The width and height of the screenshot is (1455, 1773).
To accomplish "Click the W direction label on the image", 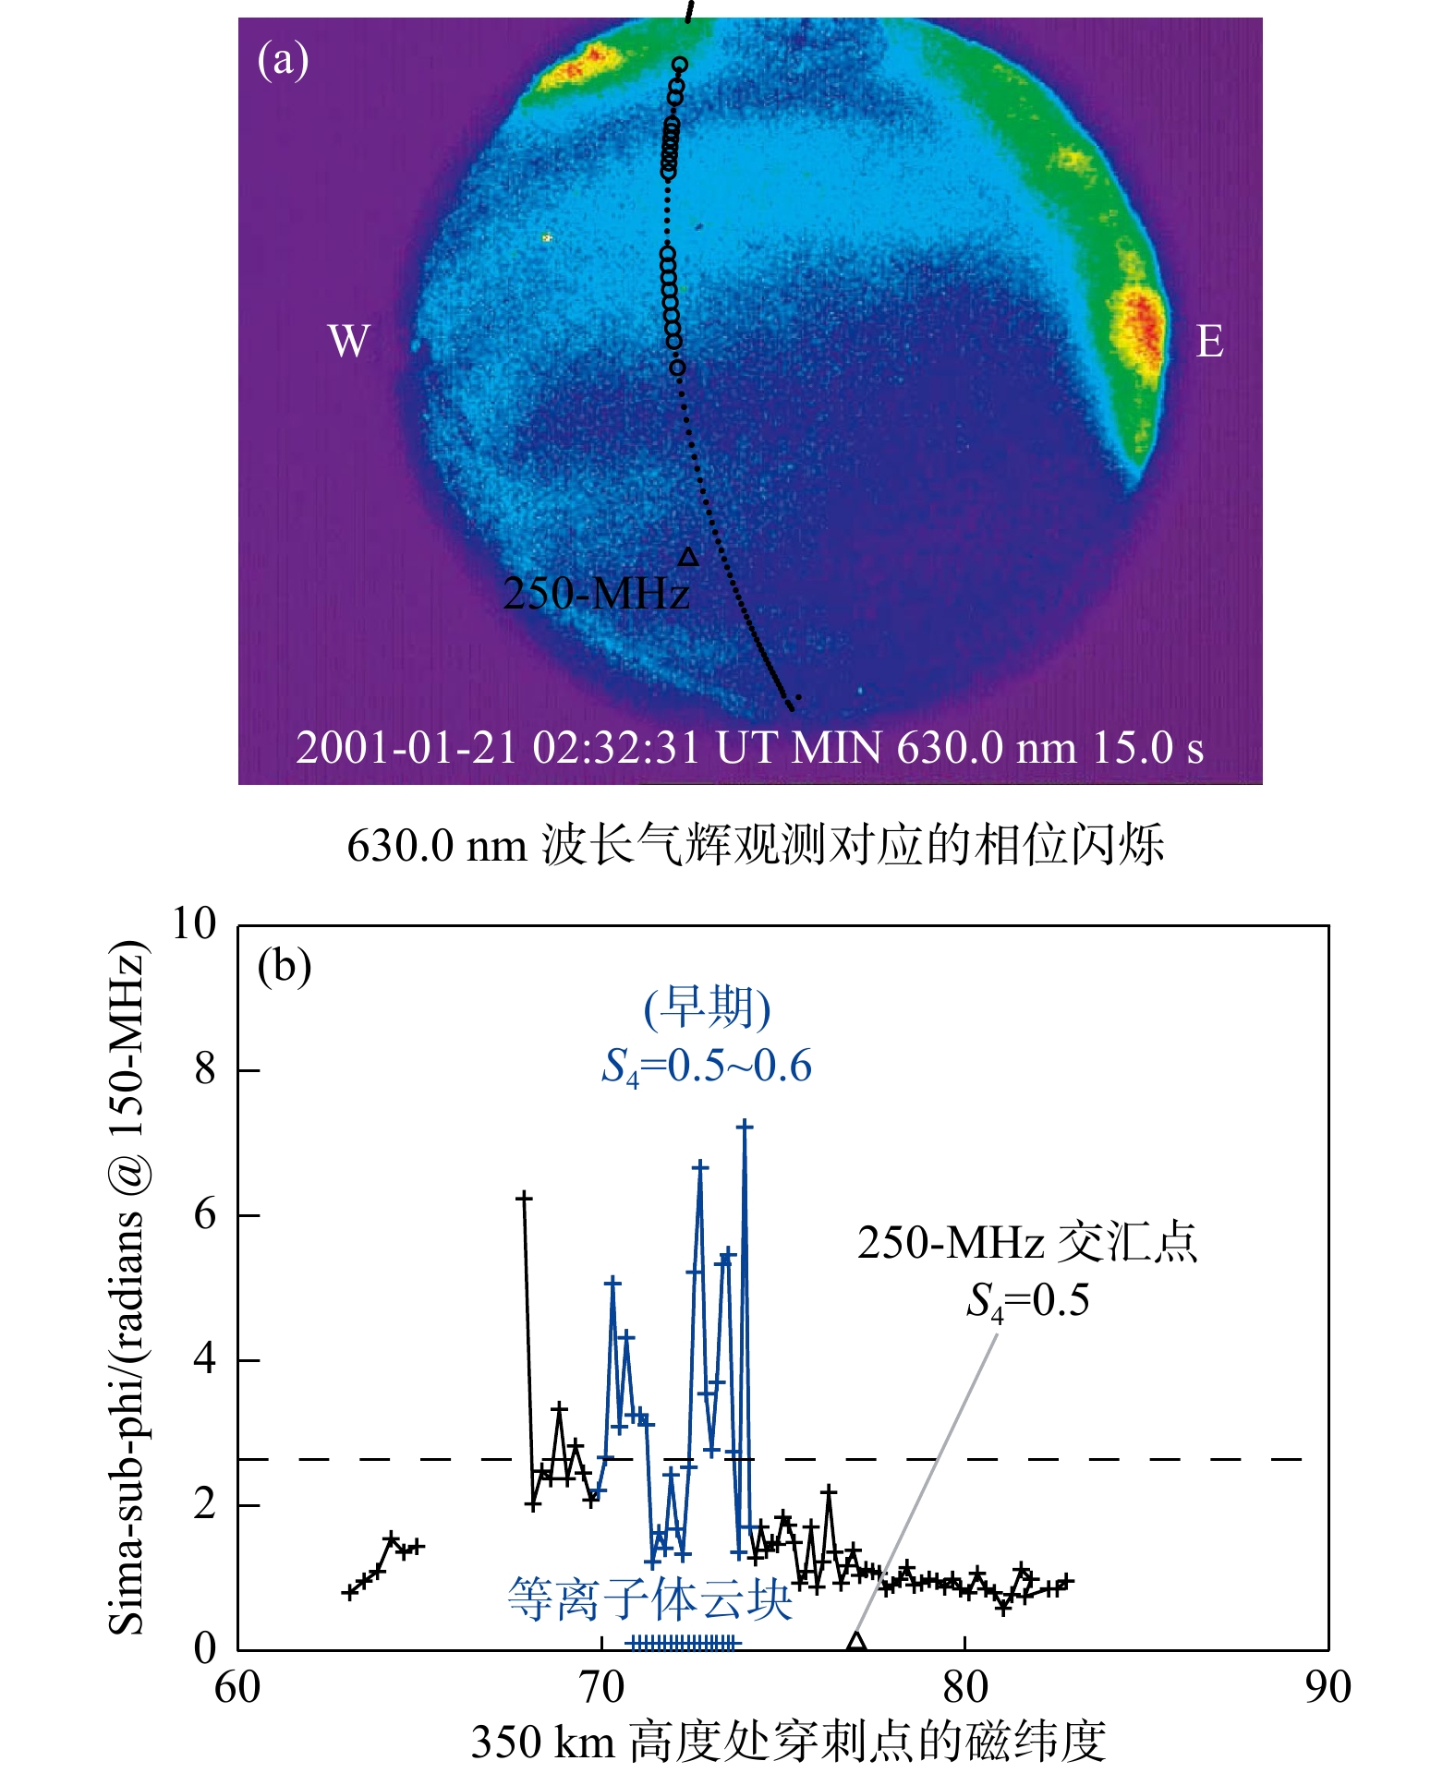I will click(348, 341).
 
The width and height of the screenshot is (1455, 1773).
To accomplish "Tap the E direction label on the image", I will click(1209, 341).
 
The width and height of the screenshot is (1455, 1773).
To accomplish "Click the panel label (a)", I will click(283, 60).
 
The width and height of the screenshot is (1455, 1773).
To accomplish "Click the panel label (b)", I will click(284, 967).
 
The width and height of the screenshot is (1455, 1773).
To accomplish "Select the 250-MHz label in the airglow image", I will click(596, 593).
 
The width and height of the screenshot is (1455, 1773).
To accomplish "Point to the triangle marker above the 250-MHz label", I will click(688, 556).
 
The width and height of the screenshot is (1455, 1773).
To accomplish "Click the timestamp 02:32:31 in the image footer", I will click(616, 748).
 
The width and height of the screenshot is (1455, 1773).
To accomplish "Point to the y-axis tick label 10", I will click(194, 924).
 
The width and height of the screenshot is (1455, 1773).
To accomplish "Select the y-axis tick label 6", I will click(205, 1214).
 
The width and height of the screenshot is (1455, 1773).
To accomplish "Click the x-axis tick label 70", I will click(601, 1688).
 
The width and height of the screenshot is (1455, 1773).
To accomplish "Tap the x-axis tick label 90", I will click(1328, 1688).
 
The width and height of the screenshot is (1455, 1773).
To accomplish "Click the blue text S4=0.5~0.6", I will click(707, 1067).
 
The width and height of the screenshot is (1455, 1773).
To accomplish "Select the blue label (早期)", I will click(707, 1007).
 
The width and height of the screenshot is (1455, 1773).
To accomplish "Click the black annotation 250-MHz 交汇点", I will click(1026, 1243).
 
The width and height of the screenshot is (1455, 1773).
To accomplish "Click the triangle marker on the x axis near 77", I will click(856, 1642).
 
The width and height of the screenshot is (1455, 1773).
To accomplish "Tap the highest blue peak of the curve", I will click(745, 1127).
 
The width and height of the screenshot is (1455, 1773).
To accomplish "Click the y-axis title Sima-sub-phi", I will click(127, 1288).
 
